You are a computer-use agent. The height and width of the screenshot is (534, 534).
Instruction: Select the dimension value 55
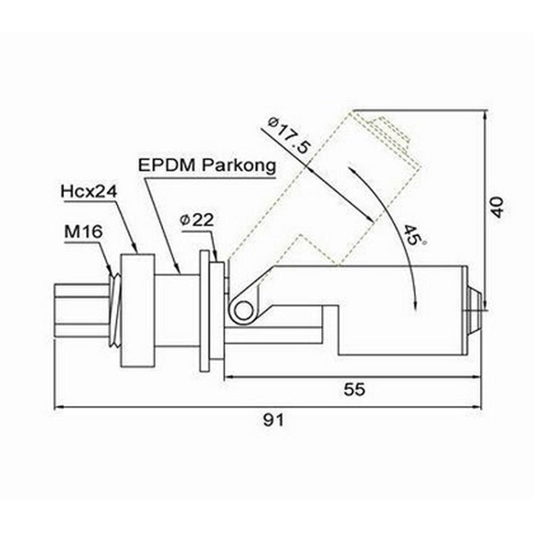pos(354,389)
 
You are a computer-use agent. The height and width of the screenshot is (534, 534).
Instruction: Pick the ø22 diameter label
pos(197,221)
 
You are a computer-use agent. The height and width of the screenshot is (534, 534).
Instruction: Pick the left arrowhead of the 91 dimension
pos(58,407)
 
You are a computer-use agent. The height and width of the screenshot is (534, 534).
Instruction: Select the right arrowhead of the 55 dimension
pos(478,377)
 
